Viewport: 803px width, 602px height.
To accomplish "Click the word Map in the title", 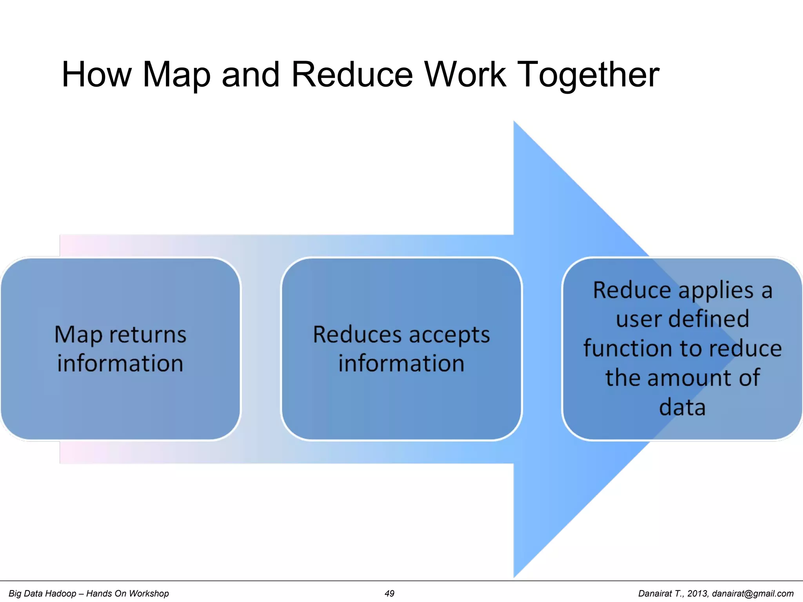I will tap(176, 75).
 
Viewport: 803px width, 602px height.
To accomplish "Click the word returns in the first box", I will tap(147, 335).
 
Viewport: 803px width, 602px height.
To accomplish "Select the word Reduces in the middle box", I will tap(357, 335).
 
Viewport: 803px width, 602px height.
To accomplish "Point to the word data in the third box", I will tap(682, 408).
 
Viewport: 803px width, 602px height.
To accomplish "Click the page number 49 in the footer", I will tap(389, 593).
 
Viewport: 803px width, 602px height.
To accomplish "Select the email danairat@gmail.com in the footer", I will tap(752, 593).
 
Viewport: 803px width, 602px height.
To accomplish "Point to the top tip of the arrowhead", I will tap(514, 122).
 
